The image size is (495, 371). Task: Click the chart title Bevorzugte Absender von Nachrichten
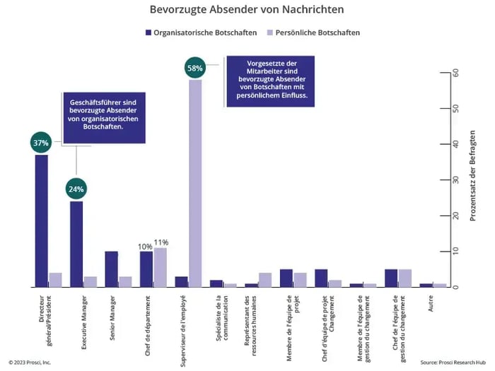(x=247, y=10)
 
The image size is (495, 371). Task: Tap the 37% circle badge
(x=41, y=143)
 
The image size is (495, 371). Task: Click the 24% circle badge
(x=76, y=189)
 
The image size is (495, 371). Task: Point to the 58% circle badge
(x=194, y=68)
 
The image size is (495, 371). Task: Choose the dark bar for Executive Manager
(x=76, y=244)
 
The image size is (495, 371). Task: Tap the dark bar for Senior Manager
(x=111, y=269)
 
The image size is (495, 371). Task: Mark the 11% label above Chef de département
(x=161, y=242)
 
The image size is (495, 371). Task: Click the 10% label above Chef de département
(x=145, y=246)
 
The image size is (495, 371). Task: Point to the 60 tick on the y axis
(x=455, y=73)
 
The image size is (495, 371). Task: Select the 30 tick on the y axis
(x=455, y=180)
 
